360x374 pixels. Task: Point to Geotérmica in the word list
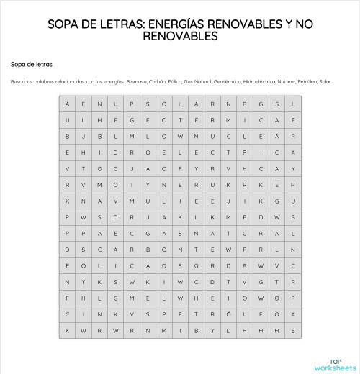[227, 81]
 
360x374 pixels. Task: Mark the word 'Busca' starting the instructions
[17, 81]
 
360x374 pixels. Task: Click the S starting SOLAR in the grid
[148, 104]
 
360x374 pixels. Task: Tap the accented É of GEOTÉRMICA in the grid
[197, 120]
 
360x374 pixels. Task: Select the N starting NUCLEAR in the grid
[197, 136]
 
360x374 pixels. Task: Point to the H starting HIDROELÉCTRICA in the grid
[83, 152]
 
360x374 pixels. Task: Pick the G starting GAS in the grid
[148, 233]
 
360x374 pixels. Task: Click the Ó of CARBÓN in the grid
[164, 250]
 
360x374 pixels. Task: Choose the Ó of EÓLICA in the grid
[83, 265]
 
